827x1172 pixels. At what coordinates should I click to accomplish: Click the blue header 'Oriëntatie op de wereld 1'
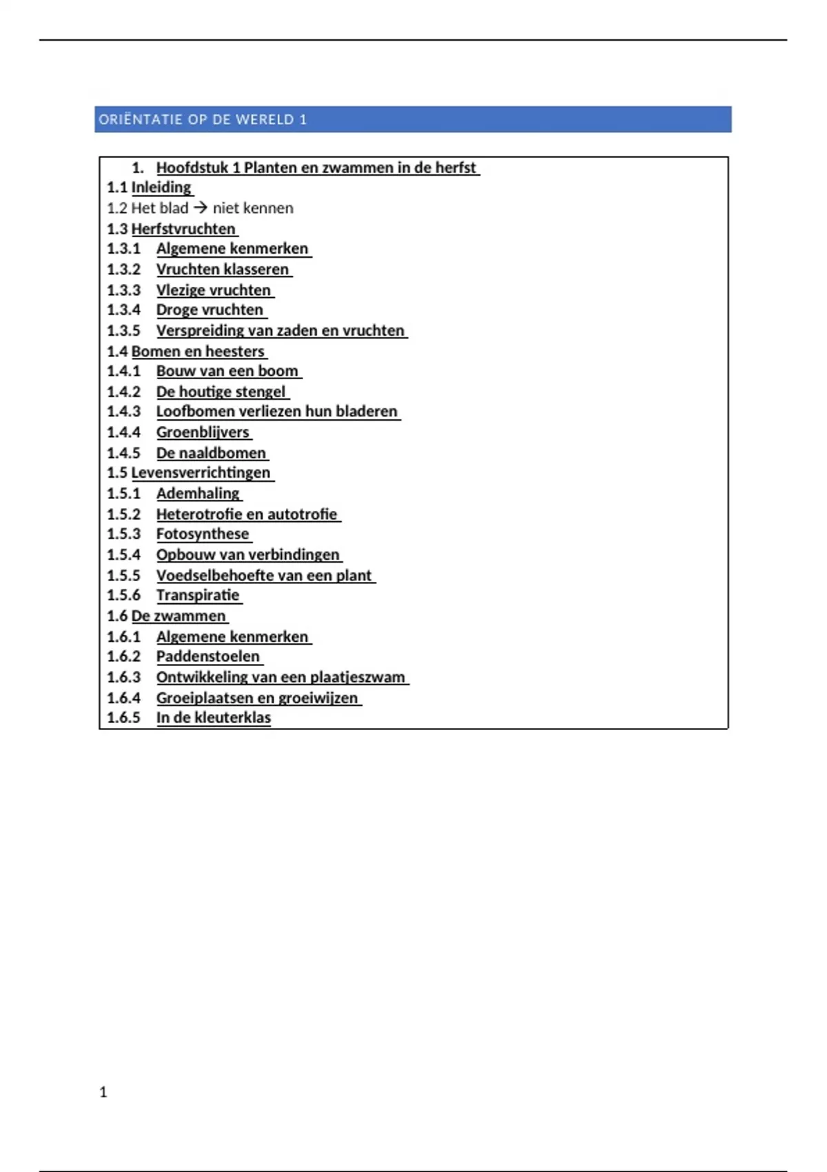203,119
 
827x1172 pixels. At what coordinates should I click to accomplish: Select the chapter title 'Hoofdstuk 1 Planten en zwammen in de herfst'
316,168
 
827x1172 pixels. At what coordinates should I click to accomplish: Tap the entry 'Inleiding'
161,188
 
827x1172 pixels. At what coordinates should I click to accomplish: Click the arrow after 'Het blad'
201,208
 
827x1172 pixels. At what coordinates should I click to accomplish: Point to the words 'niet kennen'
253,208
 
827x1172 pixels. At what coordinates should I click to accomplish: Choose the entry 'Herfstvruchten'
183,229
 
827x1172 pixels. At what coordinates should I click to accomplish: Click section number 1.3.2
123,270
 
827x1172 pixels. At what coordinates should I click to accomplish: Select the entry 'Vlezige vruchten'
214,290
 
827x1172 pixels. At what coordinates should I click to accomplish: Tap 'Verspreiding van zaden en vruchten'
280,331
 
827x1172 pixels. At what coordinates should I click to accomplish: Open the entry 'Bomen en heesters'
198,352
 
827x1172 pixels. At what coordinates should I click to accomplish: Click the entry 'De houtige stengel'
221,392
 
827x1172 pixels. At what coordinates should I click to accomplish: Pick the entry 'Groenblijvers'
203,432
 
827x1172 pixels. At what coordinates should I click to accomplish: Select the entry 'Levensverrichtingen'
201,473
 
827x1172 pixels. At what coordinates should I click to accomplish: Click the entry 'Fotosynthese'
203,534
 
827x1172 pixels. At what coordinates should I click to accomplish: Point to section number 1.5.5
123,576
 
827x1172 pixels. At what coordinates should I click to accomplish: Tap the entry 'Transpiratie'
198,595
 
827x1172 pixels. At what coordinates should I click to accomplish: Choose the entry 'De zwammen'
178,616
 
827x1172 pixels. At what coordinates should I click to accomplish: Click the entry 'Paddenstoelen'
208,656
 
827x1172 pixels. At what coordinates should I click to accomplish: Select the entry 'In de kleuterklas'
214,718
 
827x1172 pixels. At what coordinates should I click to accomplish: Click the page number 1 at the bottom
103,1092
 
